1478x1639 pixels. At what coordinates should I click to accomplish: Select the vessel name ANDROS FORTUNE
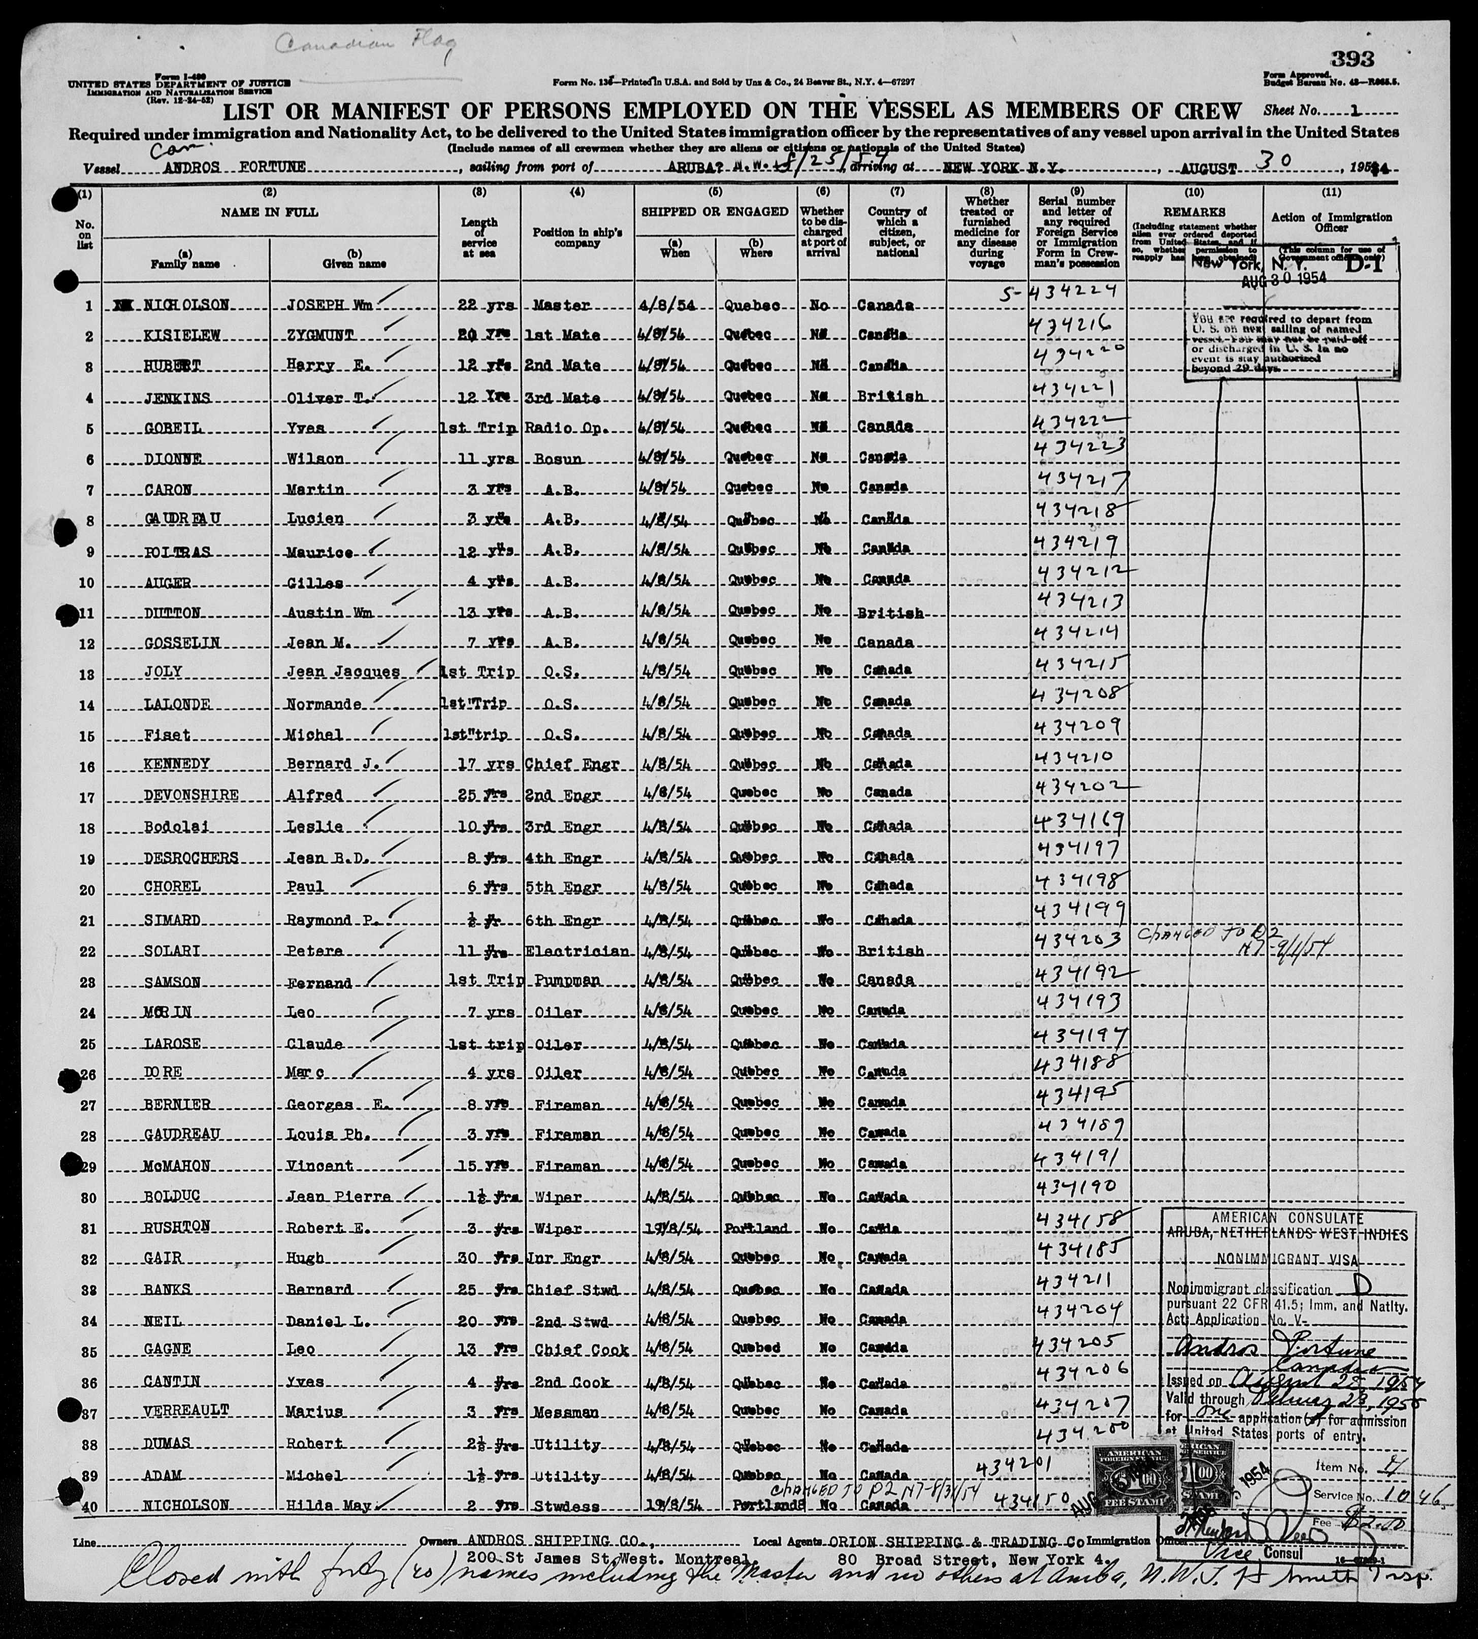tap(234, 168)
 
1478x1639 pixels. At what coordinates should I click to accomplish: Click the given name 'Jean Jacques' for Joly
tap(354, 671)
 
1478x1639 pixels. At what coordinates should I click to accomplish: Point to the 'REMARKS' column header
tap(1194, 213)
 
